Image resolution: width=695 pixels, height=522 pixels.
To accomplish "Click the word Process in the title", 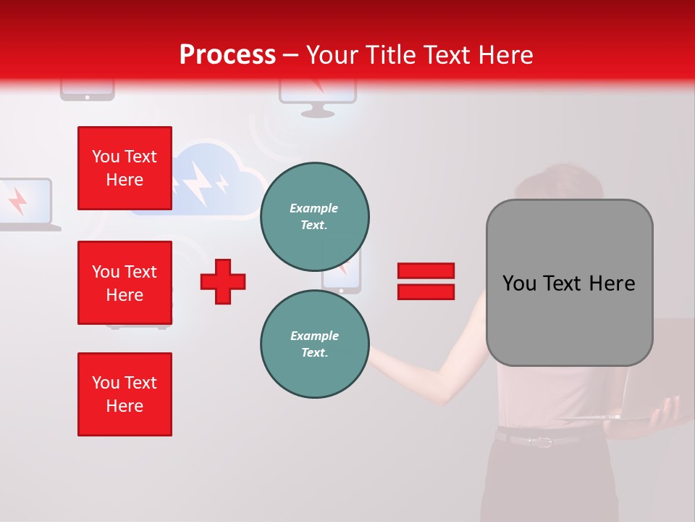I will coord(227,55).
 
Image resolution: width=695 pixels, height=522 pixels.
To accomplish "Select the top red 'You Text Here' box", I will coord(125,168).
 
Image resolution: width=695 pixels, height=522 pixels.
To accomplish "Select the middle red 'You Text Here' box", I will coord(125,283).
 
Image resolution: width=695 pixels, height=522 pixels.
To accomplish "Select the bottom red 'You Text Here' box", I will coord(125,394).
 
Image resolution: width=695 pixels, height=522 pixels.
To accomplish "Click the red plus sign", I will coord(223,281).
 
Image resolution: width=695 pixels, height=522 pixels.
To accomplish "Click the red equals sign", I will coord(426,281).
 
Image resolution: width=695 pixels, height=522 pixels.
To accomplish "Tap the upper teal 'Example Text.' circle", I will coord(314,216).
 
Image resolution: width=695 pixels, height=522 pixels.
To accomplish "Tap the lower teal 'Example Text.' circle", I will coord(314,344).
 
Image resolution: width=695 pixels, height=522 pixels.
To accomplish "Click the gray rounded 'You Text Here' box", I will coord(569,283).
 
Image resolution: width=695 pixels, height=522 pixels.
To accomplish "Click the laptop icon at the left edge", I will coord(25,204).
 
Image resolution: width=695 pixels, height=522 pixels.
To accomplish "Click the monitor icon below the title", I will coord(318,99).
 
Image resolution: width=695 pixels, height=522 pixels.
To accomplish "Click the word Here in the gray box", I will coord(612,283).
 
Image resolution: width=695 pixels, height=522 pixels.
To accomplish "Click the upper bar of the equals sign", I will coord(426,270).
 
